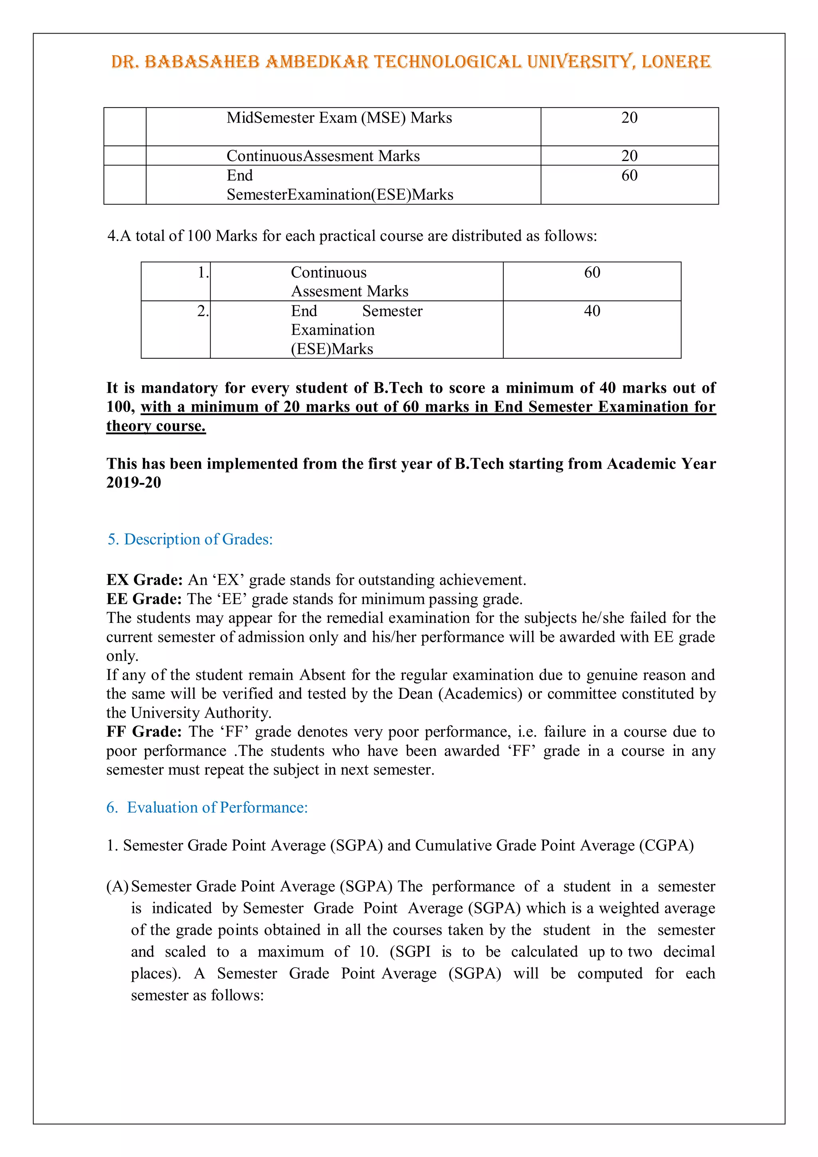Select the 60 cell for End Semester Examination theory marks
coord(629,175)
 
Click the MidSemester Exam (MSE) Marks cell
coord(339,118)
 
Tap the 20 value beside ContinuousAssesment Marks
coord(629,156)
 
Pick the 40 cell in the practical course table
coord(592,311)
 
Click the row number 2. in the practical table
coord(203,311)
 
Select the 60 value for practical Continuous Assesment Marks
coord(592,272)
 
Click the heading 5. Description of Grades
coord(190,539)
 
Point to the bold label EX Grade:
coord(144,580)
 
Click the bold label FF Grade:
coord(144,732)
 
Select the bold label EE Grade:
coord(144,599)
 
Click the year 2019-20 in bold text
coord(133,483)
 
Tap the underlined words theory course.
coord(156,426)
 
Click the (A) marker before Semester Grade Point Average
coord(117,887)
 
